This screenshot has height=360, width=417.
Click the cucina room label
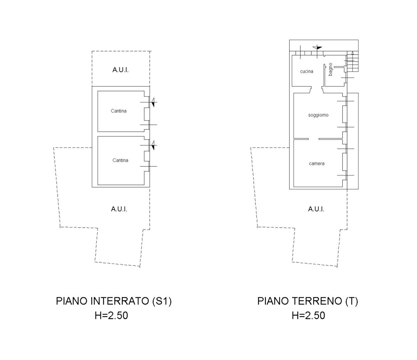point(306,72)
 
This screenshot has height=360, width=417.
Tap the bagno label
point(330,69)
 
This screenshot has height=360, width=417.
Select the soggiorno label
point(318,115)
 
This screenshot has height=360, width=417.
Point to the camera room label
point(317,164)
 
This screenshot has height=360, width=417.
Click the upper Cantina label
point(118,111)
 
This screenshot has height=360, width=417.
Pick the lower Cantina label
point(120,161)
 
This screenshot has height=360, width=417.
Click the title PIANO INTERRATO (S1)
point(114,301)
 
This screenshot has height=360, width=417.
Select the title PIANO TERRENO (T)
point(308,301)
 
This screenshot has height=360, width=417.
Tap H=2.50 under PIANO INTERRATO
point(111,316)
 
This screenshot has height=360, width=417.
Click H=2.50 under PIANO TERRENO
point(308,316)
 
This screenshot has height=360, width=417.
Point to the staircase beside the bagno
point(352,62)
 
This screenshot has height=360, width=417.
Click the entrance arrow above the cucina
point(317,48)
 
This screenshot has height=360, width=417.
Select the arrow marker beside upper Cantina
point(153,102)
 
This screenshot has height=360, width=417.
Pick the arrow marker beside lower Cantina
point(153,146)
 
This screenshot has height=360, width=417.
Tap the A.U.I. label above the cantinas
point(121,70)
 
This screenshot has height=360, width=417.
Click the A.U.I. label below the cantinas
point(119,209)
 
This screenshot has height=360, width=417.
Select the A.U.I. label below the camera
point(316,209)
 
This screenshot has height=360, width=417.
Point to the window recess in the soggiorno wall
point(344,114)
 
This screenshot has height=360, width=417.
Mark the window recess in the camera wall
point(344,162)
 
